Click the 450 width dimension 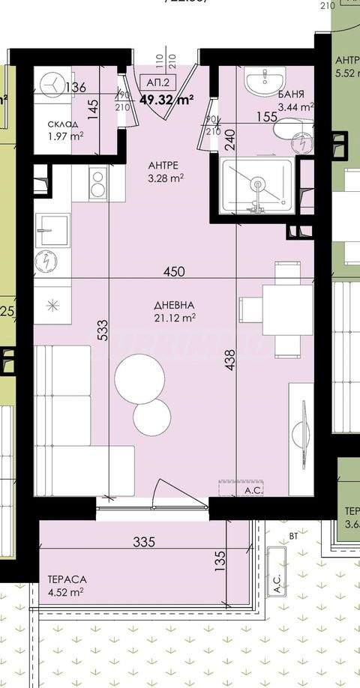174,271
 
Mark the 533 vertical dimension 103,331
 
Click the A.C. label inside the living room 252,490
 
